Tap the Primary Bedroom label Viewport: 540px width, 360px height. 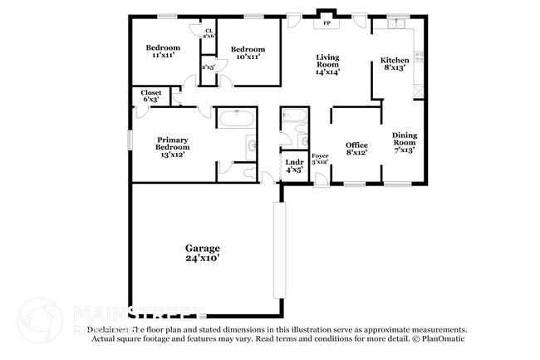(172, 146)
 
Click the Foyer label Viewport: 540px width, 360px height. (319, 156)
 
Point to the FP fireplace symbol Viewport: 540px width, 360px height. (327, 23)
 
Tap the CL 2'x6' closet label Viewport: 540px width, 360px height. (209, 33)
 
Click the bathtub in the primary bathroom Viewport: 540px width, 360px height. (237, 117)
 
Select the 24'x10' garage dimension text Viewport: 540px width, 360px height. (202, 259)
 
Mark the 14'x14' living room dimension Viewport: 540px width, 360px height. (326, 72)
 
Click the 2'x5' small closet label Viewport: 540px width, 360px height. (208, 67)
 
